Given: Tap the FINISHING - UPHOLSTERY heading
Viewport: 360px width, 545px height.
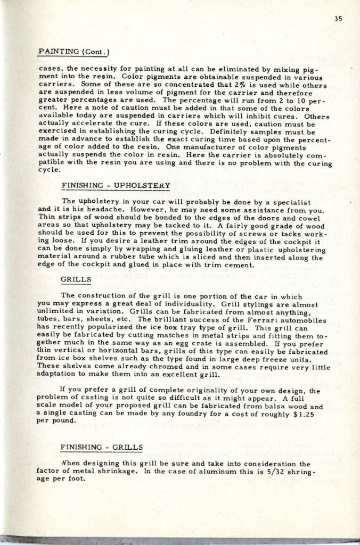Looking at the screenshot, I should click(x=116, y=186).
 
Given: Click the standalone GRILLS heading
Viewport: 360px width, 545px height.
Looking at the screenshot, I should click(x=76, y=278).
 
